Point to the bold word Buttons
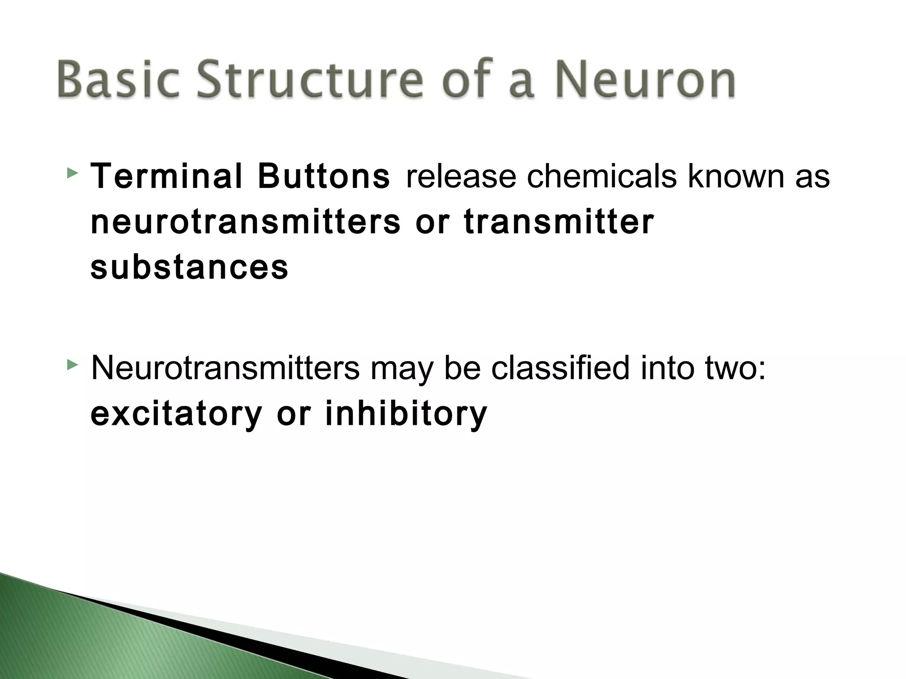pos(324,176)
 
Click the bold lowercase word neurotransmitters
pos(246,222)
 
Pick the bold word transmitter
pos(558,222)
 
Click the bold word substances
pos(189,267)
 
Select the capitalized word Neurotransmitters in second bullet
pos(225,368)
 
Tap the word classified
pos(560,368)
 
